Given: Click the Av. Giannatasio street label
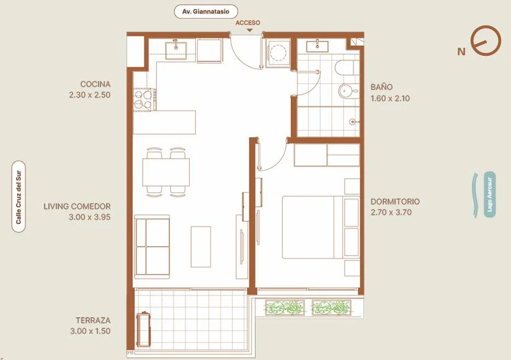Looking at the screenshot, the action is coord(206,12).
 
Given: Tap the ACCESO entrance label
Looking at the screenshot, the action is coord(247,23).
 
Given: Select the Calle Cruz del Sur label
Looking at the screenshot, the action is coord(19,197).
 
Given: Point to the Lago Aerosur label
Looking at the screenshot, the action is coord(489,194).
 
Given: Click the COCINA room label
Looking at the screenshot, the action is coord(95,84).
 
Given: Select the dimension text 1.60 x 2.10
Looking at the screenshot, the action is coord(390,98).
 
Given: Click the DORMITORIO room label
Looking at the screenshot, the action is coord(395,202).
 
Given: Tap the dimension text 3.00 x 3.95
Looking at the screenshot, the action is coord(90,217).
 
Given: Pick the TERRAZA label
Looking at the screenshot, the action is coord(93,320).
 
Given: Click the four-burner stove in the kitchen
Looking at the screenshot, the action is coord(144,99).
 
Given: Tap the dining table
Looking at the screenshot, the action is coord(166,172).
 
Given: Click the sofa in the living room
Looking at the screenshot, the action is coord(152,247).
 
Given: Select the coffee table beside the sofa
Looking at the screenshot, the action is coord(201,247).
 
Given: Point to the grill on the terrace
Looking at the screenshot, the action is coord(144,330).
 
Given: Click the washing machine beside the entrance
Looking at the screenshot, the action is coord(278,53).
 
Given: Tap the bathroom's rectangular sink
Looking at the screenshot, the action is coord(317,46).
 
